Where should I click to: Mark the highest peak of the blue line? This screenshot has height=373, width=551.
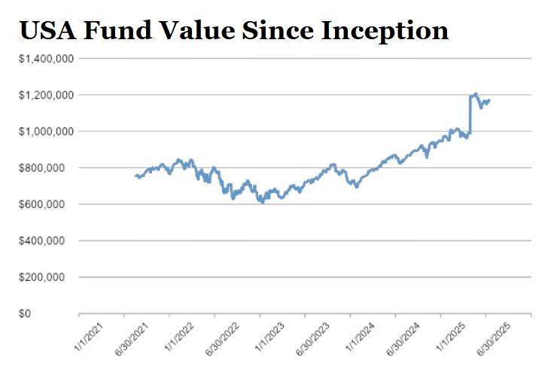click(475, 93)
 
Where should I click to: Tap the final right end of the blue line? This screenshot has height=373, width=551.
click(489, 100)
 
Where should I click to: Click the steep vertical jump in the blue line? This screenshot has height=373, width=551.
click(470, 115)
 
